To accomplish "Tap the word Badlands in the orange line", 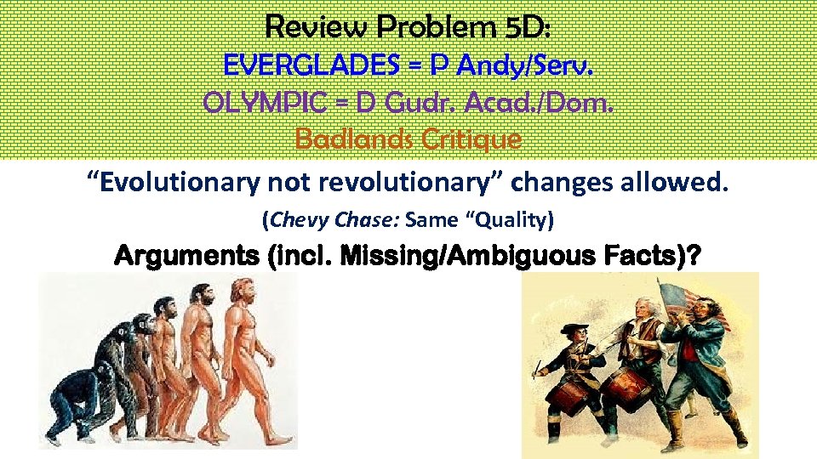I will point(351,137).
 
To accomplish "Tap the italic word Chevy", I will point(293,220).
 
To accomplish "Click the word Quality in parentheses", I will point(515,220).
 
